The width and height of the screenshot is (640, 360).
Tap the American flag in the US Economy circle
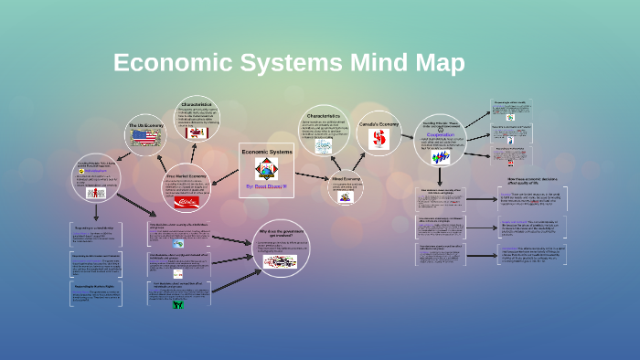[x=144, y=137]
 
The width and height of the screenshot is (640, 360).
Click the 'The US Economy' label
[x=144, y=124]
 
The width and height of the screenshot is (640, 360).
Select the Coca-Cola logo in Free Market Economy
[x=186, y=201]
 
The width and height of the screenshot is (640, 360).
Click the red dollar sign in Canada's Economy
[x=379, y=139]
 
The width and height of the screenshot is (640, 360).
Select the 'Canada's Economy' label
[x=378, y=123]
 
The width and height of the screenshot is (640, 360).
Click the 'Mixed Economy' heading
[x=346, y=178]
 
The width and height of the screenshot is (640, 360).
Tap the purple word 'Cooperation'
[x=441, y=134]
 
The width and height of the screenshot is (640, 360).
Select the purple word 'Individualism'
[x=96, y=171]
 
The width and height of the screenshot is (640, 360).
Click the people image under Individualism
[x=95, y=192]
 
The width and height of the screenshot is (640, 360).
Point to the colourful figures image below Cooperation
[x=441, y=156]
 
